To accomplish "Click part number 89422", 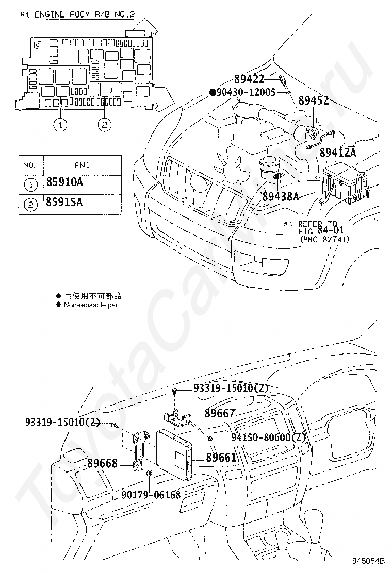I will [x=249, y=79].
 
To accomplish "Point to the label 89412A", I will [x=338, y=152].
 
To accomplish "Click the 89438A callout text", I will [x=281, y=196].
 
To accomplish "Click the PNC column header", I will [x=81, y=165].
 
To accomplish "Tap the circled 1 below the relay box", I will [x=61, y=124].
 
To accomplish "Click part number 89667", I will [x=220, y=413].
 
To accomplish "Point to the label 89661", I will [x=221, y=457].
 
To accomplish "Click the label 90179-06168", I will [x=151, y=495].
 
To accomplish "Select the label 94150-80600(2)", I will [x=262, y=438].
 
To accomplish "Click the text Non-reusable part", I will [x=92, y=305].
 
